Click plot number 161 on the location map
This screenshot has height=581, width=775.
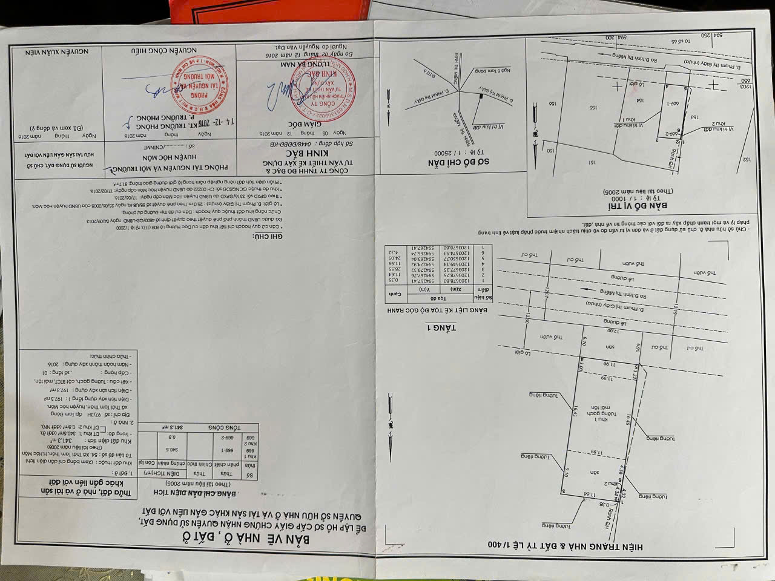tap(592, 162)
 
